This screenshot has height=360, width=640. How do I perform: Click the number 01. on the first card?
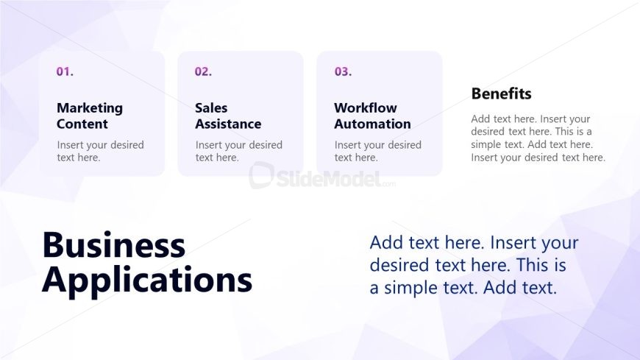[65, 72]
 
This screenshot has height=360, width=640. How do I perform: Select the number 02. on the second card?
[203, 72]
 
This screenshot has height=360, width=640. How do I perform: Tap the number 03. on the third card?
[343, 72]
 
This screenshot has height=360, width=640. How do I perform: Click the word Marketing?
[90, 108]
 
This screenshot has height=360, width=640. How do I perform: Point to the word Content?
[82, 124]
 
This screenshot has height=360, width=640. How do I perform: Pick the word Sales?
[211, 108]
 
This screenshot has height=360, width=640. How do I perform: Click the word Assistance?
[228, 124]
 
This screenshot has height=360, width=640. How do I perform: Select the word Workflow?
[366, 108]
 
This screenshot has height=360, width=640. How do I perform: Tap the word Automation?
[373, 124]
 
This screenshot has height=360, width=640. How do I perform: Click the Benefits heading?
[501, 93]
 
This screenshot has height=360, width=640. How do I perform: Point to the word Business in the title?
[114, 244]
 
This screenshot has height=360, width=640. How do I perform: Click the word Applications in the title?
[147, 280]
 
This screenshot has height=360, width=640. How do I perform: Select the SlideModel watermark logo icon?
[261, 175]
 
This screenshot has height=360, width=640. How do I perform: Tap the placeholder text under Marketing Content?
[100, 151]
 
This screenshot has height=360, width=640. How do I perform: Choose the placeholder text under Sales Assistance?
[239, 151]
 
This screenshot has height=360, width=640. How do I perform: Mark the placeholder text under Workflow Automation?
[378, 151]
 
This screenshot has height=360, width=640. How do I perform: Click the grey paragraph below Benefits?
[538, 138]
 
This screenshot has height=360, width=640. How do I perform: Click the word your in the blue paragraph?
[559, 244]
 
